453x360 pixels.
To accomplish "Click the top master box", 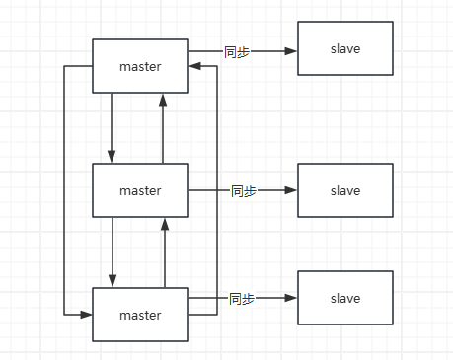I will [140, 66].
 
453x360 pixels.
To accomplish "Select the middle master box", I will [140, 190].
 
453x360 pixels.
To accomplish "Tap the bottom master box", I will [140, 315].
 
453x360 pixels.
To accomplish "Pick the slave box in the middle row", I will [345, 190].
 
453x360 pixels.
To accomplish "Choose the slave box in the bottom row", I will [345, 298].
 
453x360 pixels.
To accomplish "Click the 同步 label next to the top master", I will [237, 50].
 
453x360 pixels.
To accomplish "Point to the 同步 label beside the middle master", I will [243, 190].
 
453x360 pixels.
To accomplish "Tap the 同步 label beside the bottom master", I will [241, 298].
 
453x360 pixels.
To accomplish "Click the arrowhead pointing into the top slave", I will [292, 50].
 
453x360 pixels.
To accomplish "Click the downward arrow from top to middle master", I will [113, 128].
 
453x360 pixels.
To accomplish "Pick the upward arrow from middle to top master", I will [164, 128].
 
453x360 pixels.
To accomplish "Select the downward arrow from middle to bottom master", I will [113, 252].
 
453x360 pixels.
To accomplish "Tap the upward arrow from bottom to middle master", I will [164, 252].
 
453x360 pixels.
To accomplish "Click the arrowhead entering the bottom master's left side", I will [87, 315].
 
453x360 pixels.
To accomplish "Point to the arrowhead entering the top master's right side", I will [194, 66].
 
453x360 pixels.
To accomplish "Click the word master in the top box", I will [140, 66].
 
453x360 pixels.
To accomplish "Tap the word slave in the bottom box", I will [345, 298].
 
